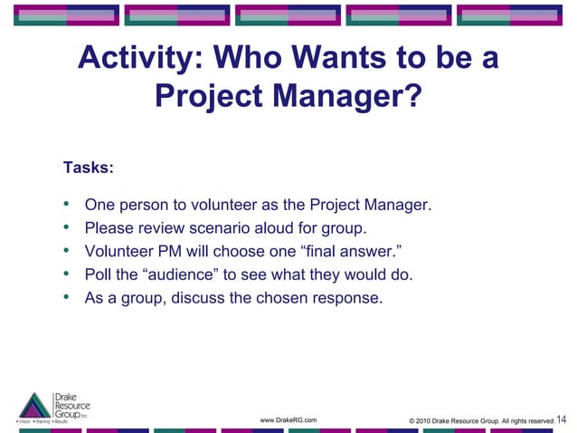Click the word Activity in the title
(130, 59)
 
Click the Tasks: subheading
(88, 168)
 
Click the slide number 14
(563, 419)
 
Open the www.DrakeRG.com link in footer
(288, 420)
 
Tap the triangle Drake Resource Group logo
(35, 405)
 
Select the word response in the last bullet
(352, 297)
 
